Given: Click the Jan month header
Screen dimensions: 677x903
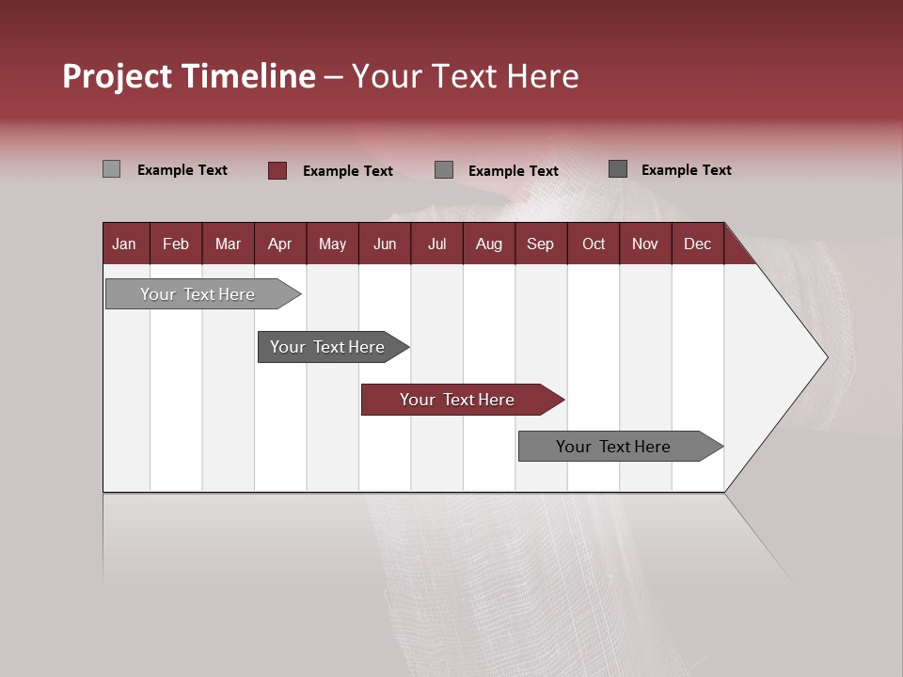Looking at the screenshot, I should point(124,244).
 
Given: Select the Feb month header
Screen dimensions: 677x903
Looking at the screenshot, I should point(176,244).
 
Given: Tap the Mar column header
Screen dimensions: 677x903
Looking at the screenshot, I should point(228,244).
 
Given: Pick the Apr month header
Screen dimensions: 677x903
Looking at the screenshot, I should point(280,244).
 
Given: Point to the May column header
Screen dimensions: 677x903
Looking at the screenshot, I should point(332,244).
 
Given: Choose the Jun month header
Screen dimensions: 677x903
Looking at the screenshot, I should point(385,244).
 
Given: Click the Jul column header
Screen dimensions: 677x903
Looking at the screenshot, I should point(436,244).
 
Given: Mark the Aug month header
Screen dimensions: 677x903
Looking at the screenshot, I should point(489,244).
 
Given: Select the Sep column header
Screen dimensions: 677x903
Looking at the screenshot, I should point(541,244).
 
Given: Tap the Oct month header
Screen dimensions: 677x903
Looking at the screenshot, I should point(594,244).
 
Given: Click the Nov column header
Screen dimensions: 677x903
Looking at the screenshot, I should point(645,244).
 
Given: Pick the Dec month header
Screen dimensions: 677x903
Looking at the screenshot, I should point(698,244).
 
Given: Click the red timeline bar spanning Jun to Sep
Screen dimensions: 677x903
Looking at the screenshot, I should point(458,400).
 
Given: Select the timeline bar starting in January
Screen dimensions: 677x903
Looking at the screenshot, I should point(198,294).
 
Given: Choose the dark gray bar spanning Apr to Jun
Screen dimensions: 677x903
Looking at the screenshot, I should point(328,347).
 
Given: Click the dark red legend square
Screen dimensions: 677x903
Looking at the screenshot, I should point(277,170).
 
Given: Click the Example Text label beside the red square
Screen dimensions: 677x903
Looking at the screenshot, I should point(348,171).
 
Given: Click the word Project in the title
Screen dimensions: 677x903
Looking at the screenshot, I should point(118,76).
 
